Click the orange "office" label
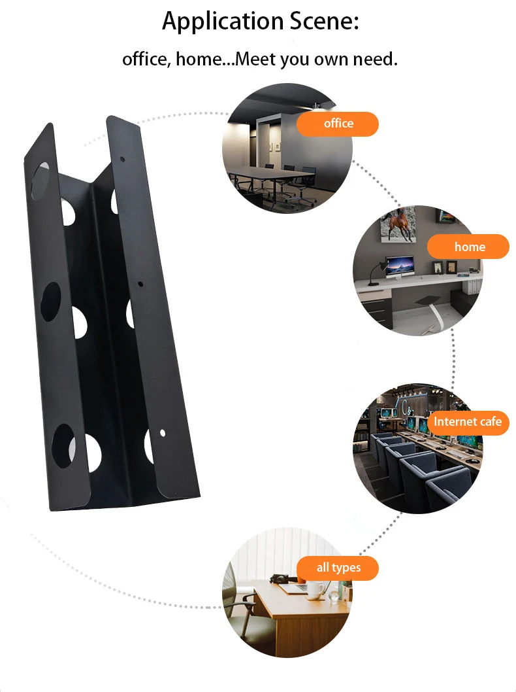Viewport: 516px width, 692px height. [x=338, y=124]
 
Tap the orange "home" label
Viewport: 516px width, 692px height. [x=468, y=247]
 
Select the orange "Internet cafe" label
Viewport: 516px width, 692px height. [x=468, y=422]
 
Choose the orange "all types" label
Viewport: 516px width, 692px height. [x=338, y=568]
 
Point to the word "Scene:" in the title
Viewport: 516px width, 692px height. [x=325, y=21]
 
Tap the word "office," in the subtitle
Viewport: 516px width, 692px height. [x=147, y=60]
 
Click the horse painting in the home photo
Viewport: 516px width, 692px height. [x=398, y=224]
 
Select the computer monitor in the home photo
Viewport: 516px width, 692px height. [x=400, y=268]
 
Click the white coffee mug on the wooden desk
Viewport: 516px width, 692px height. [x=316, y=589]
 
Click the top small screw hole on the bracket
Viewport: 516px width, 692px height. [x=123, y=158]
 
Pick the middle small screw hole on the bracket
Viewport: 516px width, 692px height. [x=140, y=284]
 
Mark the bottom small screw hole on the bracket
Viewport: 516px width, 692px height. [x=163, y=433]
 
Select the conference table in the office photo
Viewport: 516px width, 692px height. [x=273, y=176]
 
